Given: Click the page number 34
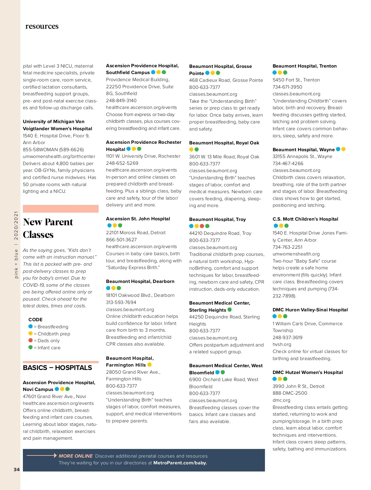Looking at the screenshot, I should [x=17, y=469].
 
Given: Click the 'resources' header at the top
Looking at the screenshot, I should [x=42, y=26].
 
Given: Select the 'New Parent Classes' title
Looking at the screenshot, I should [x=48, y=228].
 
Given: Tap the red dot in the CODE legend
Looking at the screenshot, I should [x=30, y=340].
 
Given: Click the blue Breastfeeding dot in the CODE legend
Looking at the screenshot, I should [x=30, y=326].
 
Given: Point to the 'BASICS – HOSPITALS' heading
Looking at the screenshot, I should [x=58, y=367].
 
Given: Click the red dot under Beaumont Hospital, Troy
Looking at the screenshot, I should [x=202, y=226].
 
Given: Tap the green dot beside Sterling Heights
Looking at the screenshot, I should [x=230, y=309].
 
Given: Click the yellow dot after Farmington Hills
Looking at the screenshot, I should [x=150, y=364].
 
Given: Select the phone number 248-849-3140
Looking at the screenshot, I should [x=121, y=101].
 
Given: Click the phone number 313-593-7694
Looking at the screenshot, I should [x=121, y=302].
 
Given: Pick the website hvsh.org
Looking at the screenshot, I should [x=282, y=344].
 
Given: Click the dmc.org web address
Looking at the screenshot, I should [x=281, y=400].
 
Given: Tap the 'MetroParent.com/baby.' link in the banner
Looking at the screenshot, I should [x=180, y=463].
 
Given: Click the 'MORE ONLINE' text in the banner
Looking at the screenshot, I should [x=76, y=456].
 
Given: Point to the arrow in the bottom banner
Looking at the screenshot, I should [x=42, y=455].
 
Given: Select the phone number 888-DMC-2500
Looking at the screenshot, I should [x=290, y=393].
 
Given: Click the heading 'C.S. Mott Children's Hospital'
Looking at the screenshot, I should [x=305, y=219].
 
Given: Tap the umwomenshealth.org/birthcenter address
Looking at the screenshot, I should [x=59, y=156].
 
